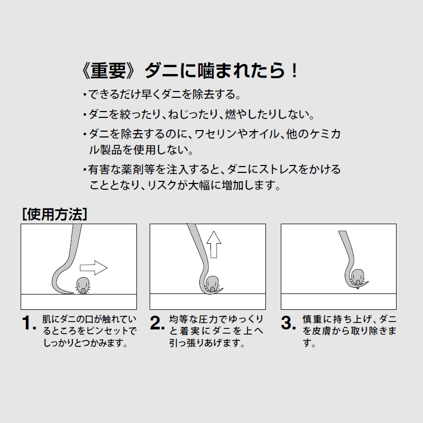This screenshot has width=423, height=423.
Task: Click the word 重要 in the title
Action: click(109, 71)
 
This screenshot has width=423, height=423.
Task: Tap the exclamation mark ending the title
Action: click(295, 71)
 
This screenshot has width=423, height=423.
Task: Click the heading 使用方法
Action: click(55, 215)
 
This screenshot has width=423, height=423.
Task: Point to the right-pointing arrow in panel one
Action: click(94, 268)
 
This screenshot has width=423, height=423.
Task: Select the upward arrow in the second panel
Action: click(214, 244)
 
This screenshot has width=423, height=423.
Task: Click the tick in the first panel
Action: click(83, 286)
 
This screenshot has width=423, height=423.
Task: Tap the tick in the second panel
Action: click(212, 283)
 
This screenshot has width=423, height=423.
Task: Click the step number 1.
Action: click(29, 323)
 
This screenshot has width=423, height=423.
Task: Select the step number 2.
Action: click(157, 323)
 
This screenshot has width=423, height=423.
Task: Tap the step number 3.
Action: click(288, 323)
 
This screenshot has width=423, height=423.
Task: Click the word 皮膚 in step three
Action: click(321, 331)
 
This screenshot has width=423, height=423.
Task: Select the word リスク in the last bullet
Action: click(162, 186)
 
